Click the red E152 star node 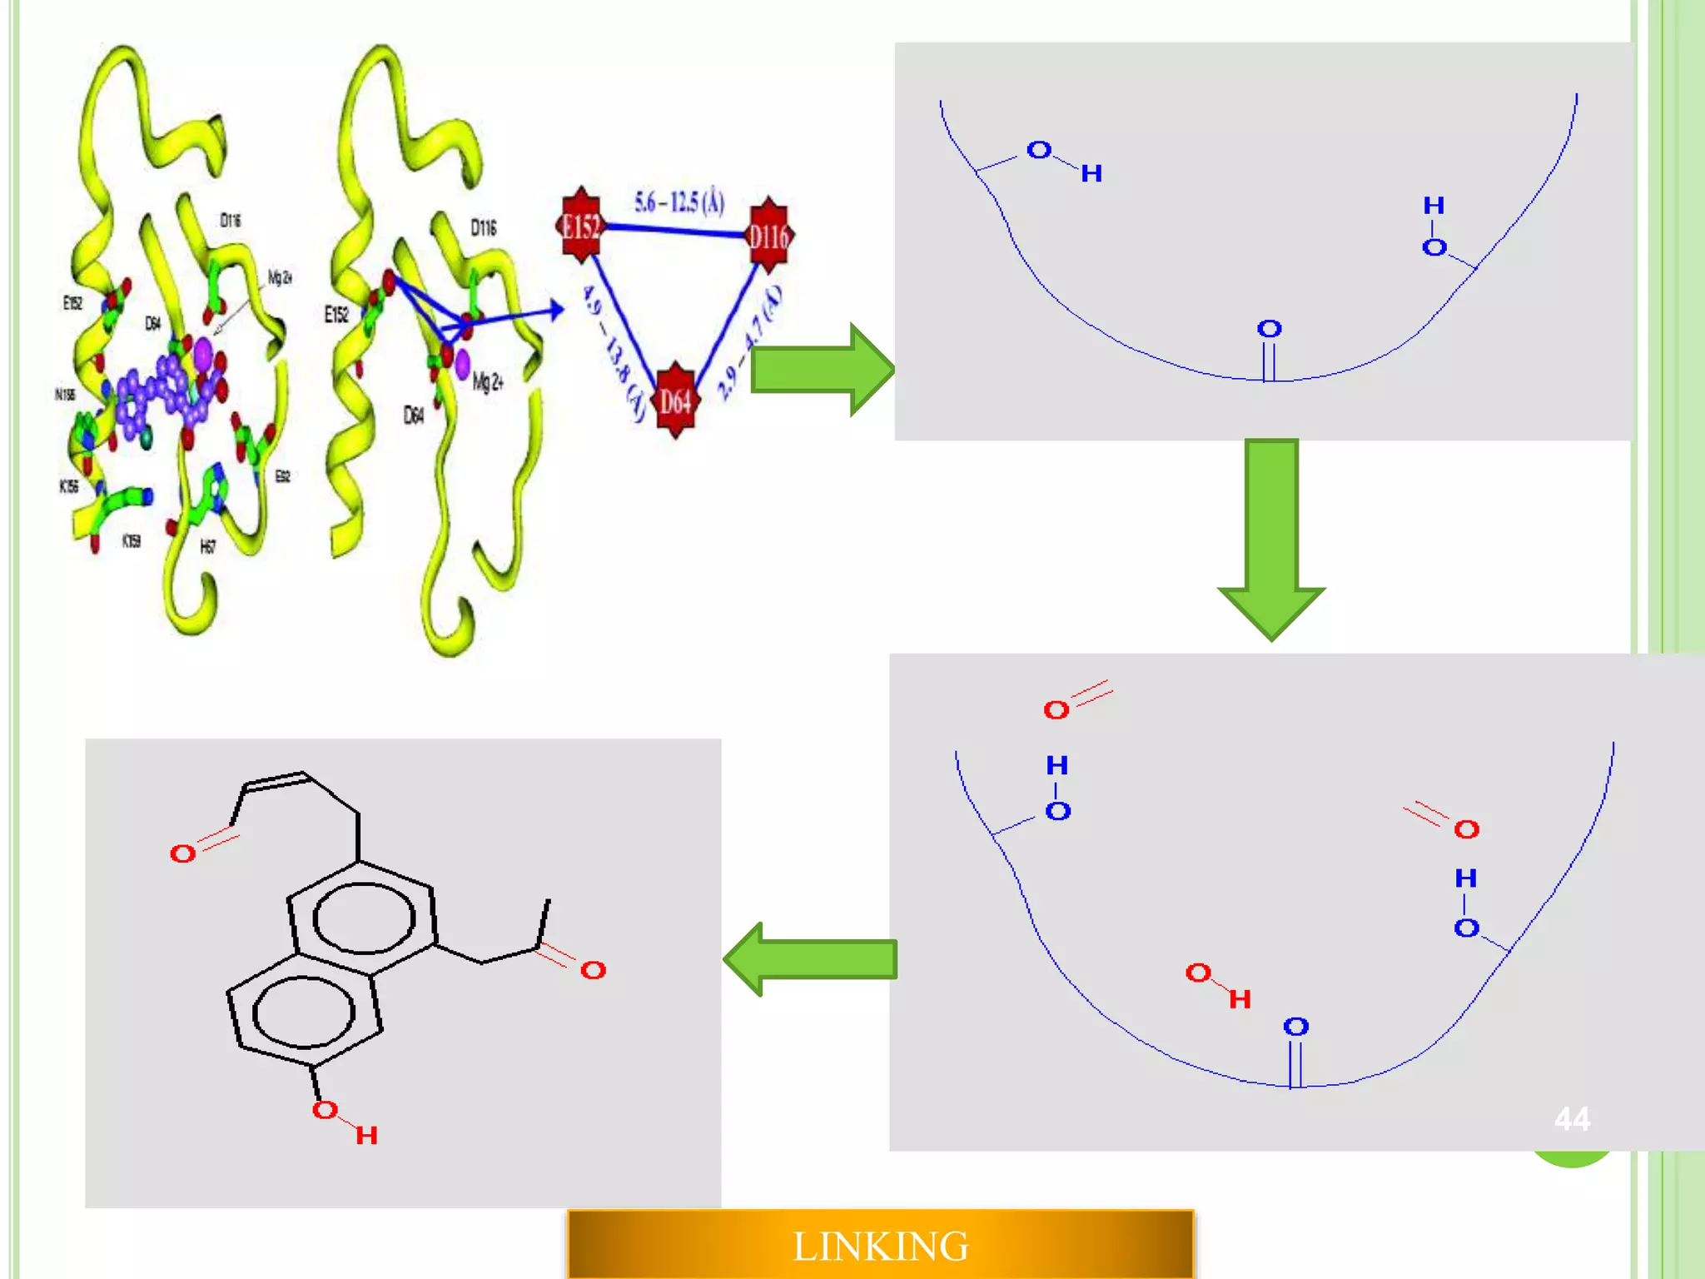coord(580,225)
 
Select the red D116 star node coord(768,236)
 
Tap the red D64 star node coord(675,401)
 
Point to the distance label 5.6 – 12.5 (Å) coord(679,202)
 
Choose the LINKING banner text coord(880,1247)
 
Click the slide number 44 coord(1572,1118)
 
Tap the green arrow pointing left coord(811,959)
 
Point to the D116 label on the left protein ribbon coord(231,220)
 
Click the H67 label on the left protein coord(208,546)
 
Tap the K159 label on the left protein coord(132,541)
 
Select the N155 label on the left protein coord(65,394)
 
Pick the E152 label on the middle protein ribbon coord(336,315)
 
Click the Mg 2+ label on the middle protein coord(488,382)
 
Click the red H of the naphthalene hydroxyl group coord(366,1135)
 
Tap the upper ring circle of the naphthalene coord(364,918)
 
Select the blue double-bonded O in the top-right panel coord(1269,329)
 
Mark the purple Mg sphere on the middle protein coord(462,363)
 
